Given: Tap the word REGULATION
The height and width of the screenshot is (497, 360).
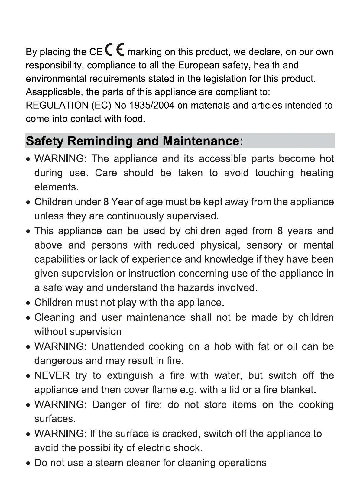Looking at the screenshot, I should click(x=57, y=105).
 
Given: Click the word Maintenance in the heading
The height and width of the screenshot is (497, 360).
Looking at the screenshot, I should click(x=203, y=141).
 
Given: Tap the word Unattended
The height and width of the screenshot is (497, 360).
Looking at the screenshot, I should click(x=118, y=346).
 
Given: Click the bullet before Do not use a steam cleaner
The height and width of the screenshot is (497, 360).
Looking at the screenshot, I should click(x=28, y=463).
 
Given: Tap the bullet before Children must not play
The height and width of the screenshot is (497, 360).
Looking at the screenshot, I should click(x=28, y=303).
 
